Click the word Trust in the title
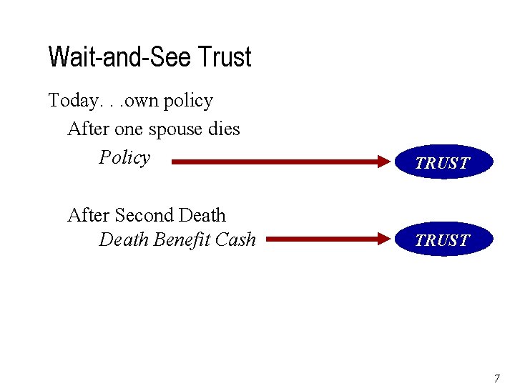pos(225,57)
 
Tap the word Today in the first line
pos(72,101)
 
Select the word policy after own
pos(188,102)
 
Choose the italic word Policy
pos(124,158)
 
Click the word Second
pos(144,215)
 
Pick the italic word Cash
pos(235,239)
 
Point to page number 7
pos(497,377)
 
